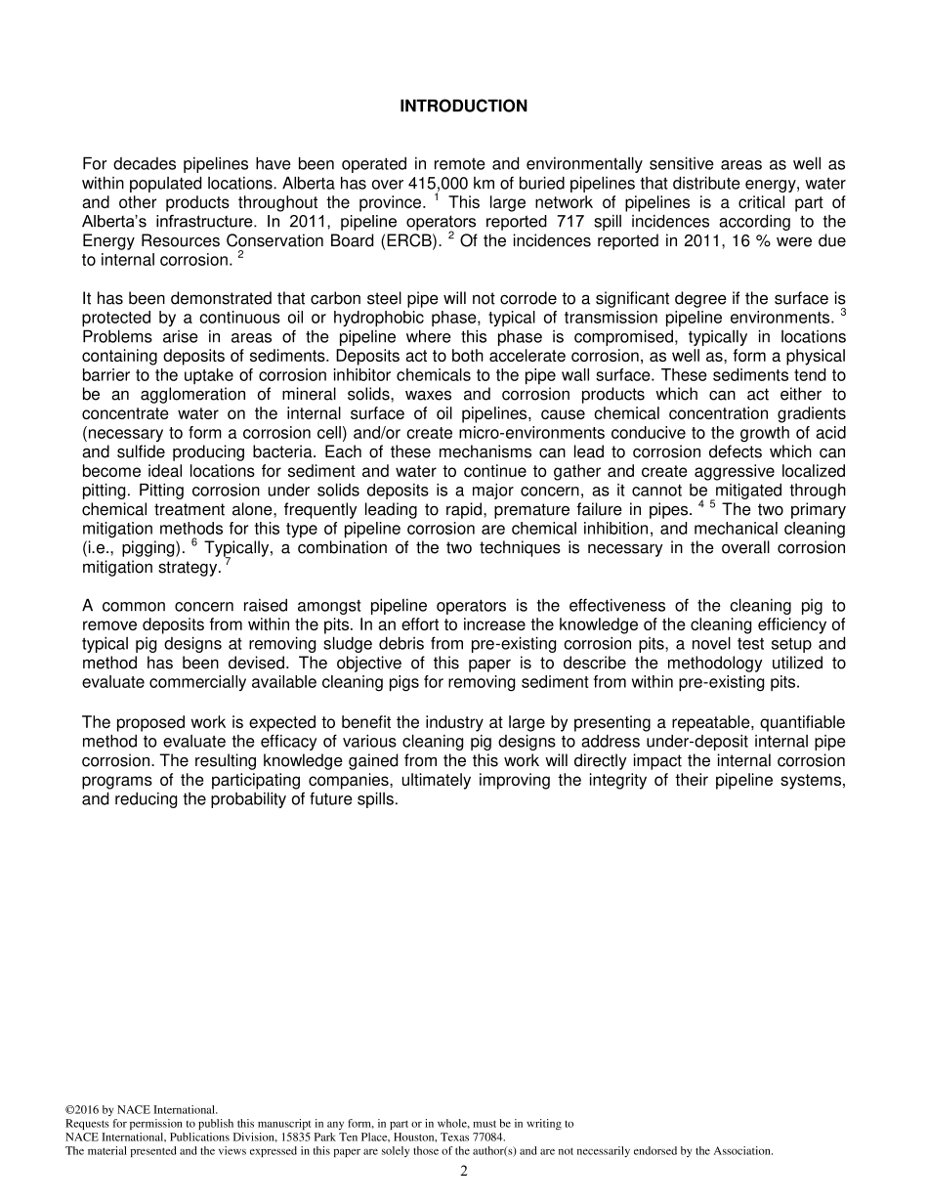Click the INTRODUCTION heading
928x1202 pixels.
[x=463, y=107]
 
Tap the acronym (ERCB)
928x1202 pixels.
[x=406, y=241]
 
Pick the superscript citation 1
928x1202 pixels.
[x=437, y=198]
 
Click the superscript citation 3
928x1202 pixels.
[x=842, y=313]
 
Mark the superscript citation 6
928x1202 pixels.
[x=194, y=543]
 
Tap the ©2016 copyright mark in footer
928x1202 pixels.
[x=83, y=1110]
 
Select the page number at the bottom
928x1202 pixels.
[x=464, y=1172]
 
